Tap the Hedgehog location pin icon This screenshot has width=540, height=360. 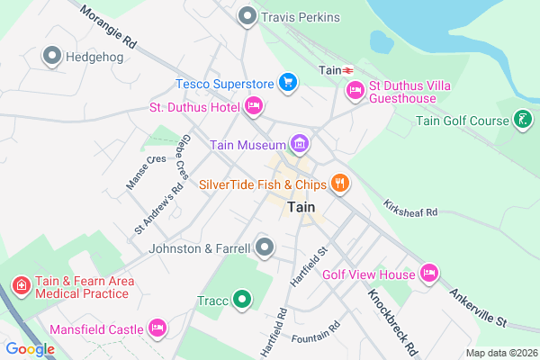[52, 57]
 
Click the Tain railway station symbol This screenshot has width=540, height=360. [346, 69]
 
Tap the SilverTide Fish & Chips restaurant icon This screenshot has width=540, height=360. [339, 184]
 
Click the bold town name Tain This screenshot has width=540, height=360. [301, 208]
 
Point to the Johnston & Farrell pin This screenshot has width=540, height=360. [264, 247]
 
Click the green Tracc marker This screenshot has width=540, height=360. [241, 301]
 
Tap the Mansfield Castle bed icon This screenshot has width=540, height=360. [159, 328]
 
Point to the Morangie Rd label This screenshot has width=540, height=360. [107, 30]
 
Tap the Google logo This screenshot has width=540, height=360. [30, 348]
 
